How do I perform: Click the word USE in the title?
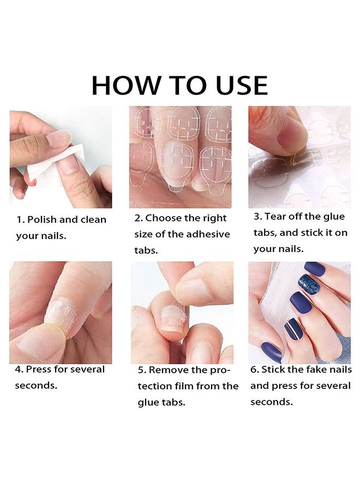pyautogui.click(x=238, y=86)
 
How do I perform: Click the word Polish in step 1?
pyautogui.click(x=43, y=220)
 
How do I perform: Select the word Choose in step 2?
pyautogui.click(x=164, y=218)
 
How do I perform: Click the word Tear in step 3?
pyautogui.click(x=276, y=217)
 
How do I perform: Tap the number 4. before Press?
pyautogui.click(x=19, y=369)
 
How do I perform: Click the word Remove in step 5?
pyautogui.click(x=169, y=370)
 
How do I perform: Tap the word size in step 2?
pyautogui.click(x=145, y=234)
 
